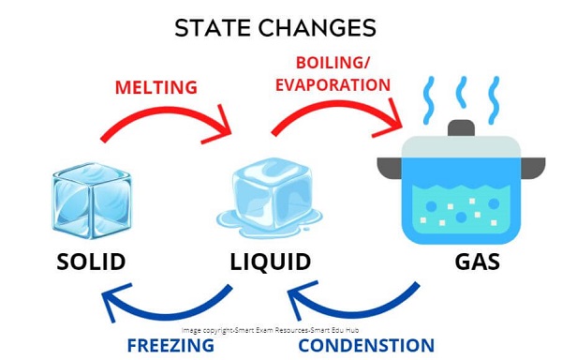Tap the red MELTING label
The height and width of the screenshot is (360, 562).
pos(156,87)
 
